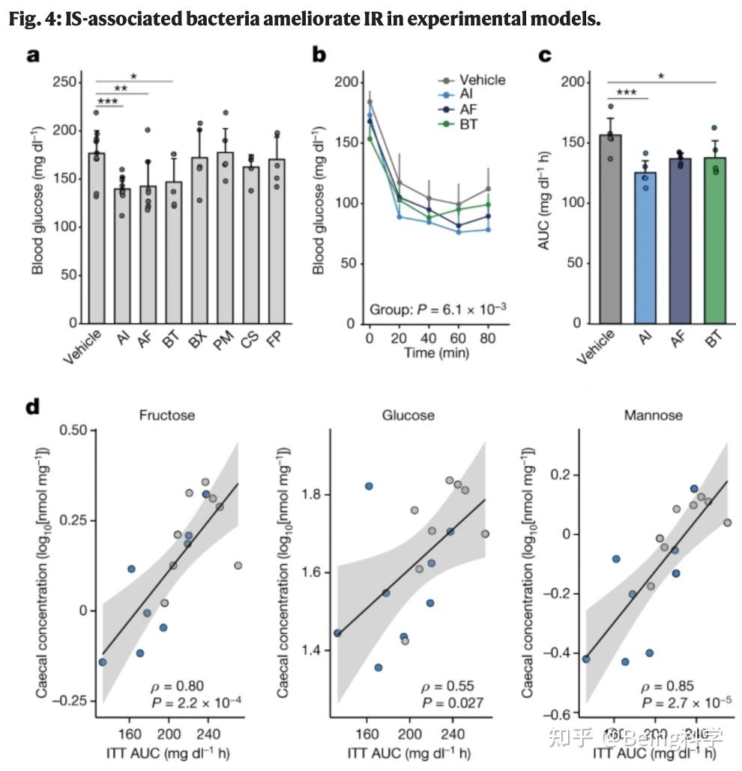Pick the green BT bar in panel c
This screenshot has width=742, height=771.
[715, 240]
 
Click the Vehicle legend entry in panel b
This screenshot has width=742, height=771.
[482, 79]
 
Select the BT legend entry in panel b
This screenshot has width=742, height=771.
[468, 123]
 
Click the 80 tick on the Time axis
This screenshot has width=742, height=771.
[487, 338]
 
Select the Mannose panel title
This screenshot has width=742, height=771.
[653, 415]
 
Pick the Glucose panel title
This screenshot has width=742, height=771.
[408, 415]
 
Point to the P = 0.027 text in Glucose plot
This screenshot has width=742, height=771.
[452, 702]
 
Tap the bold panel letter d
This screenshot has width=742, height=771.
[31, 408]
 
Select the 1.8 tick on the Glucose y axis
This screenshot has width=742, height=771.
[313, 495]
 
